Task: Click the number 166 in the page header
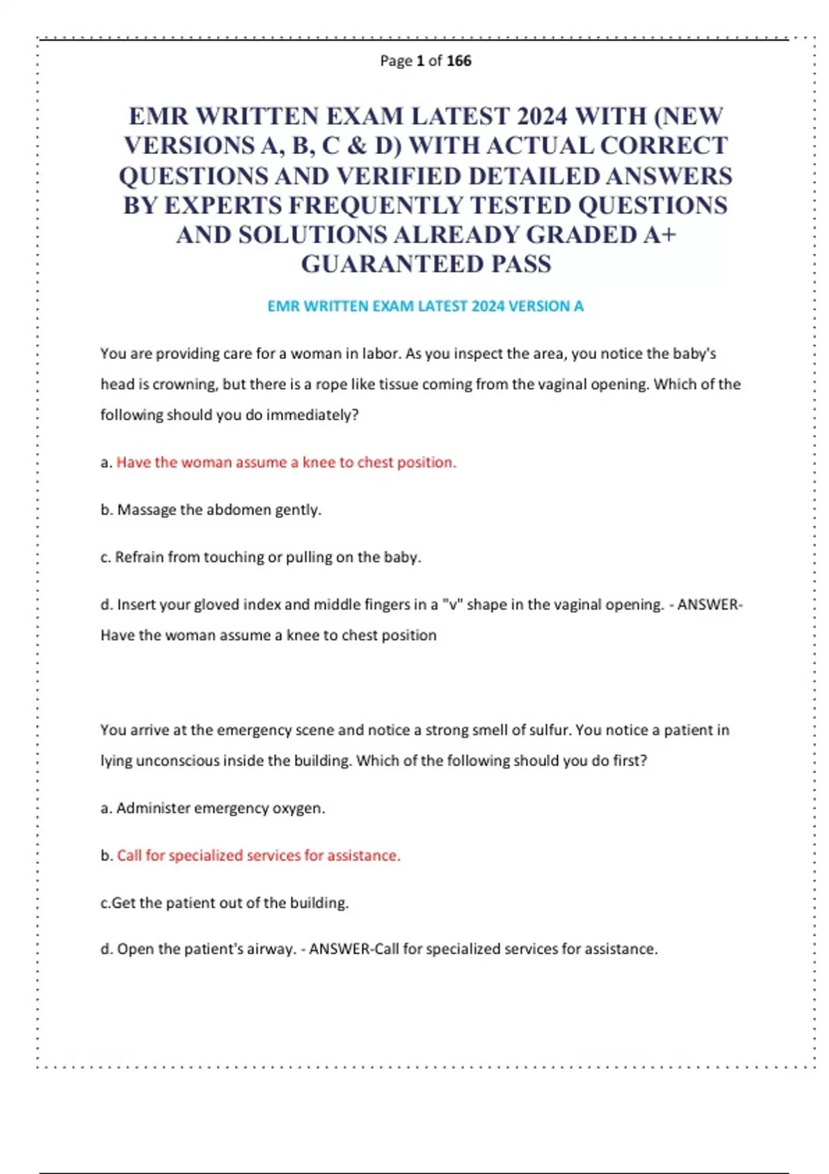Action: pyautogui.click(x=459, y=61)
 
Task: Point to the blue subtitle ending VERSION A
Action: pyautogui.click(x=426, y=306)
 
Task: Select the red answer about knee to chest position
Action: pyautogui.click(x=286, y=462)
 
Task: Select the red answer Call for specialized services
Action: pyautogui.click(x=258, y=855)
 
